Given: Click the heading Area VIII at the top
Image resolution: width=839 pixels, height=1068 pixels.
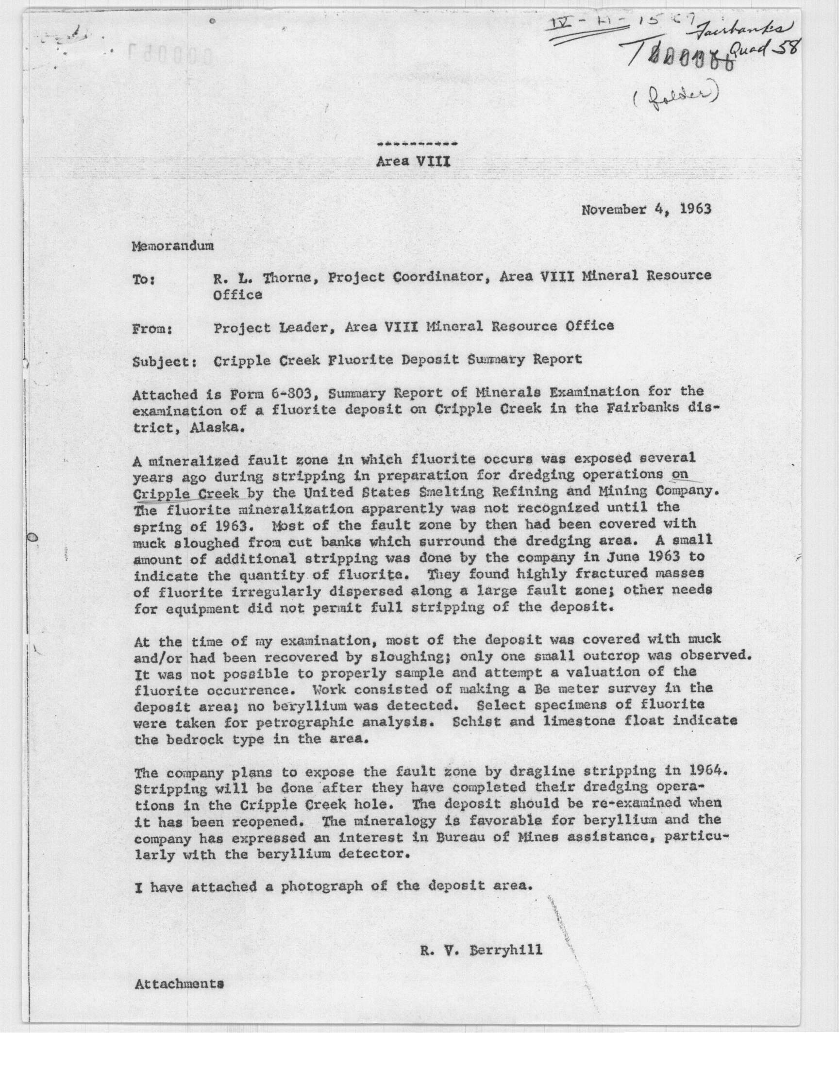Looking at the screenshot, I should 413,162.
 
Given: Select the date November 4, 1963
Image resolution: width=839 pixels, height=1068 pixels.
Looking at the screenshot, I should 646,210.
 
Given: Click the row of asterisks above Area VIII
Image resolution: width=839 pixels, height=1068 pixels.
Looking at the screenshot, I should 417,144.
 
